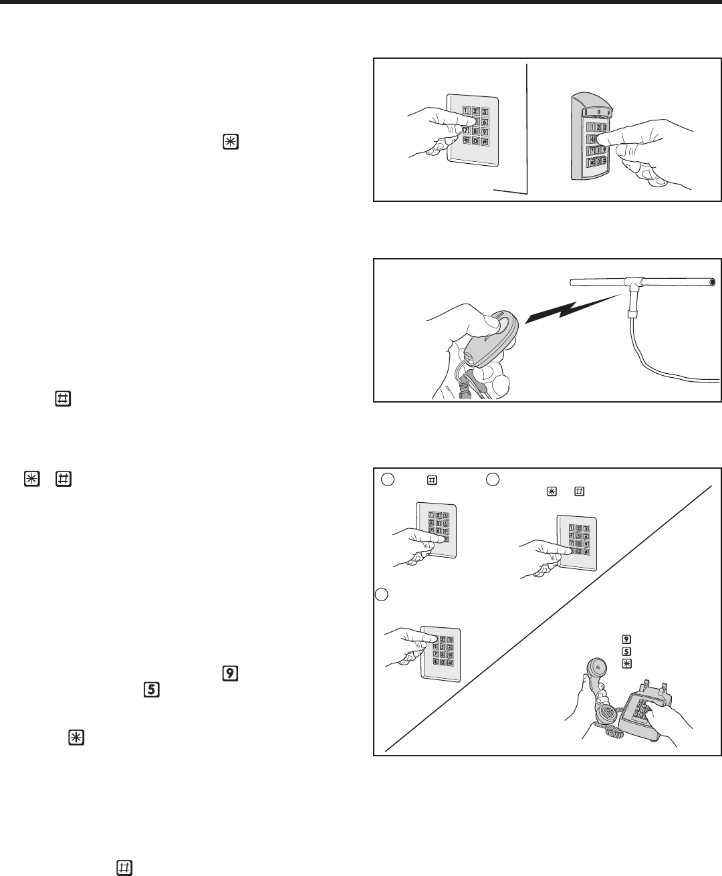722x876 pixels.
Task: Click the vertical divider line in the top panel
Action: click(x=527, y=127)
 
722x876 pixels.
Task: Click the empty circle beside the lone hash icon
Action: click(x=388, y=479)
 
